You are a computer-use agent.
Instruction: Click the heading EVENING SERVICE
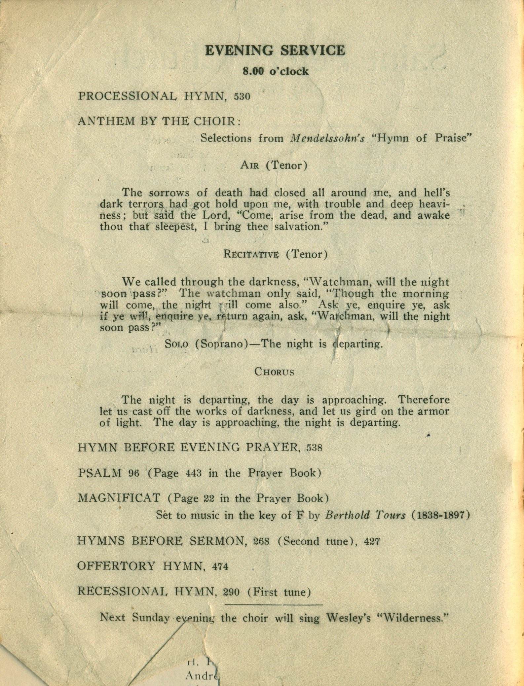(x=275, y=51)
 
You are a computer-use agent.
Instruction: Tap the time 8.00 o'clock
(x=276, y=71)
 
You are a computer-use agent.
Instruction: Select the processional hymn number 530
(x=242, y=96)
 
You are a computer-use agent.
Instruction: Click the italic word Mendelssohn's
(x=327, y=138)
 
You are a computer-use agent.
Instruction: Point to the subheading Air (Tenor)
(x=274, y=165)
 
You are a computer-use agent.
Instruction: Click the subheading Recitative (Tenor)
(x=276, y=254)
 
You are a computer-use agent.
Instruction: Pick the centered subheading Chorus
(x=274, y=372)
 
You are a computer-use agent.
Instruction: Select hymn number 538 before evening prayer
(x=314, y=448)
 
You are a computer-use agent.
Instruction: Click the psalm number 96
(x=134, y=473)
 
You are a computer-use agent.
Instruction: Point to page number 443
(x=193, y=473)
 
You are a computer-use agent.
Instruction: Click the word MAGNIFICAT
(x=119, y=498)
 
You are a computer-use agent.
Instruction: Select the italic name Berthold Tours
(x=365, y=515)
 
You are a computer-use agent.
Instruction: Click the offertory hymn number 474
(x=220, y=567)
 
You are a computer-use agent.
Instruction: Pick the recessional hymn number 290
(x=231, y=592)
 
